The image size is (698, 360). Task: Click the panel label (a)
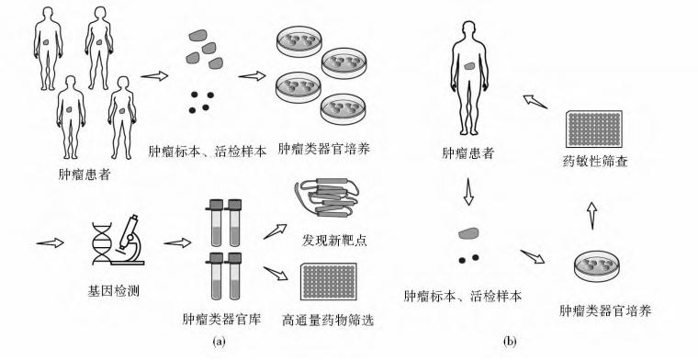coord(219,342)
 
